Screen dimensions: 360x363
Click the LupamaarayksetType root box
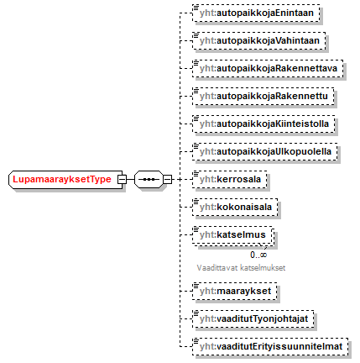(x=65, y=179)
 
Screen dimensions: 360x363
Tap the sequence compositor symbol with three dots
(x=149, y=179)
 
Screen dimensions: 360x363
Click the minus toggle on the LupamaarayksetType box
(x=122, y=179)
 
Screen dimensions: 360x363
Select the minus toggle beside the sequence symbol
(x=167, y=179)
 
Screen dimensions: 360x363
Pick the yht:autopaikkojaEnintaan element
(x=256, y=13)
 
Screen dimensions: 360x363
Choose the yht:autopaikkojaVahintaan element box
(x=259, y=40)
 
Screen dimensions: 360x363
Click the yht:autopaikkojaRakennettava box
(x=268, y=68)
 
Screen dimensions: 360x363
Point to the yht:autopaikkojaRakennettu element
(x=263, y=96)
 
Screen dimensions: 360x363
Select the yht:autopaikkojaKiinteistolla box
(x=263, y=124)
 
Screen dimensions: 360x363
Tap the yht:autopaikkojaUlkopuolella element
(x=265, y=151)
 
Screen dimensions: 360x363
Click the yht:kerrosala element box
(x=230, y=179)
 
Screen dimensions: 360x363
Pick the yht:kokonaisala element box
(x=235, y=207)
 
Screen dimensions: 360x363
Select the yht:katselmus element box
(x=232, y=234)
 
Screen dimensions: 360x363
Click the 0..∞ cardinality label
(x=258, y=255)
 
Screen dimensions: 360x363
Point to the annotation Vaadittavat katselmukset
(x=241, y=268)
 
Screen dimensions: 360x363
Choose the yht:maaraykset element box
(x=235, y=291)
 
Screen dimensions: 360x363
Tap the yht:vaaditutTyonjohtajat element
(x=253, y=318)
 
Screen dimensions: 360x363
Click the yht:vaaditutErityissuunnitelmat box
(x=270, y=346)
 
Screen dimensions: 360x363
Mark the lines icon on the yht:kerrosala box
(x=196, y=174)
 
